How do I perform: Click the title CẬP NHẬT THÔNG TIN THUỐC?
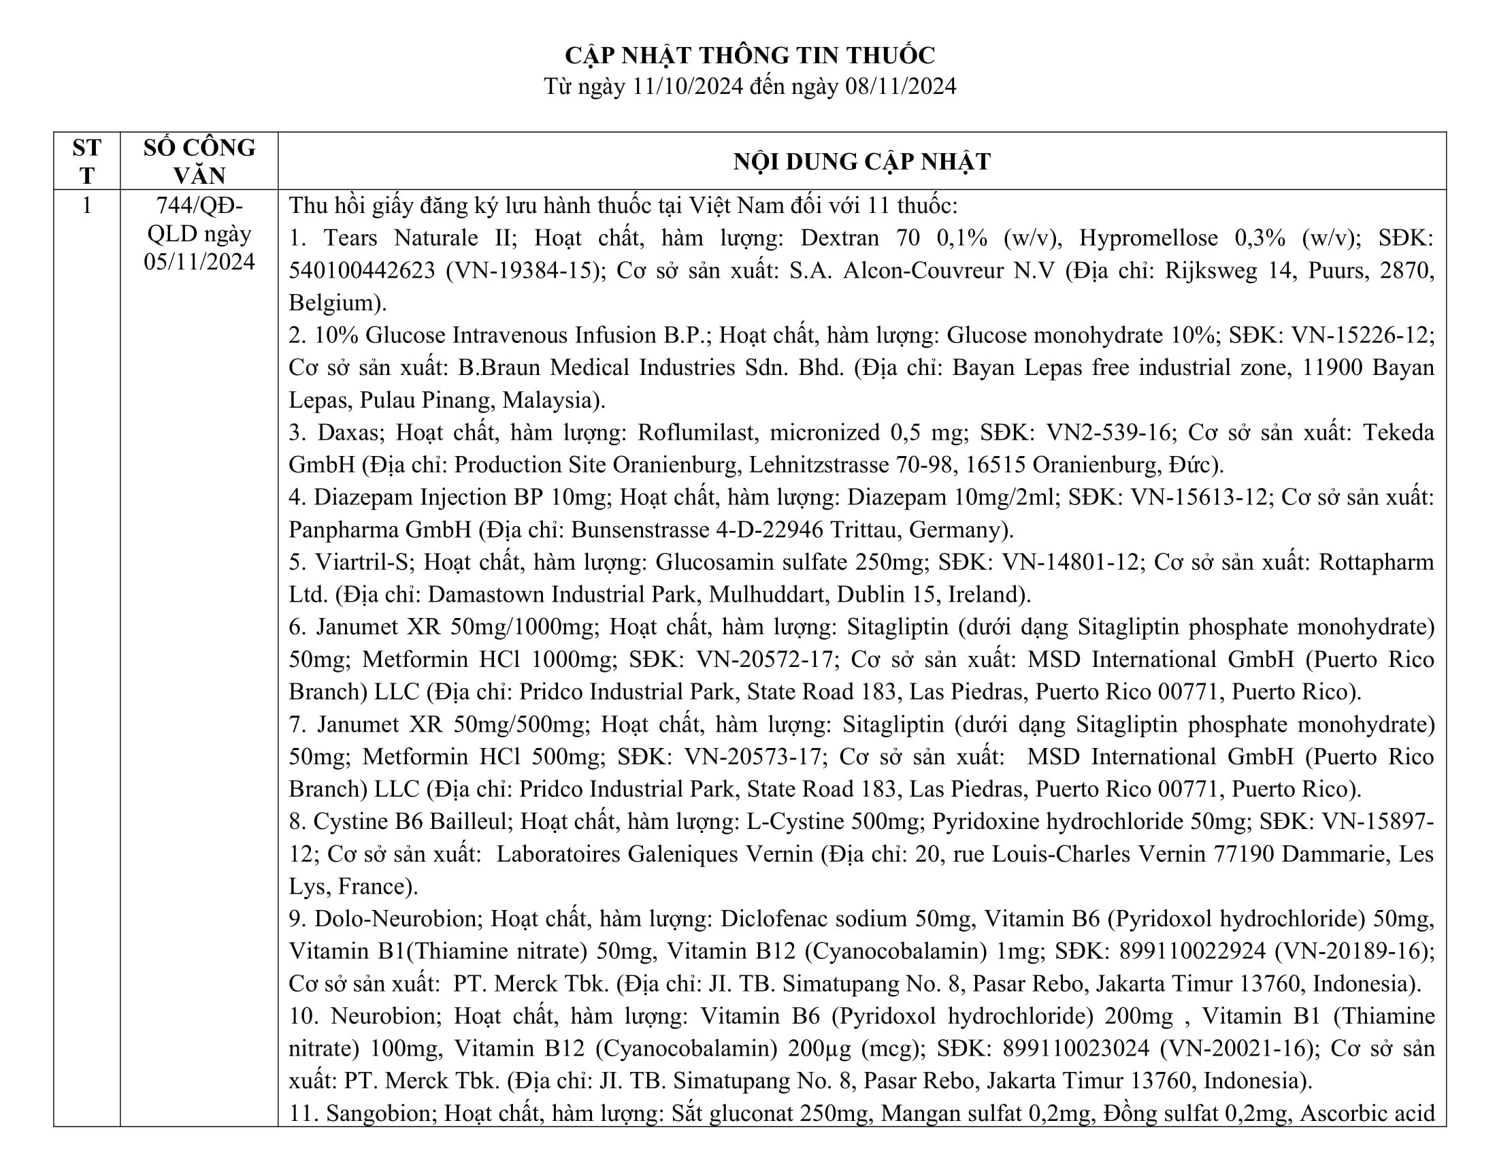click(x=749, y=55)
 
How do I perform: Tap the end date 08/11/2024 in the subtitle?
click(x=901, y=86)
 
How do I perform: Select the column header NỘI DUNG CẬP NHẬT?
click(x=861, y=162)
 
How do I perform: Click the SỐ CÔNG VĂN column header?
click(x=199, y=162)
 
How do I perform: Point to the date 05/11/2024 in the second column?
click(x=199, y=262)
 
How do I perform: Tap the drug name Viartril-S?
click(x=365, y=562)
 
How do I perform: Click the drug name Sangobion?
click(x=382, y=1113)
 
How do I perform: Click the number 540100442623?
click(x=361, y=271)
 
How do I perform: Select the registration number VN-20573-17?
click(x=752, y=757)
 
